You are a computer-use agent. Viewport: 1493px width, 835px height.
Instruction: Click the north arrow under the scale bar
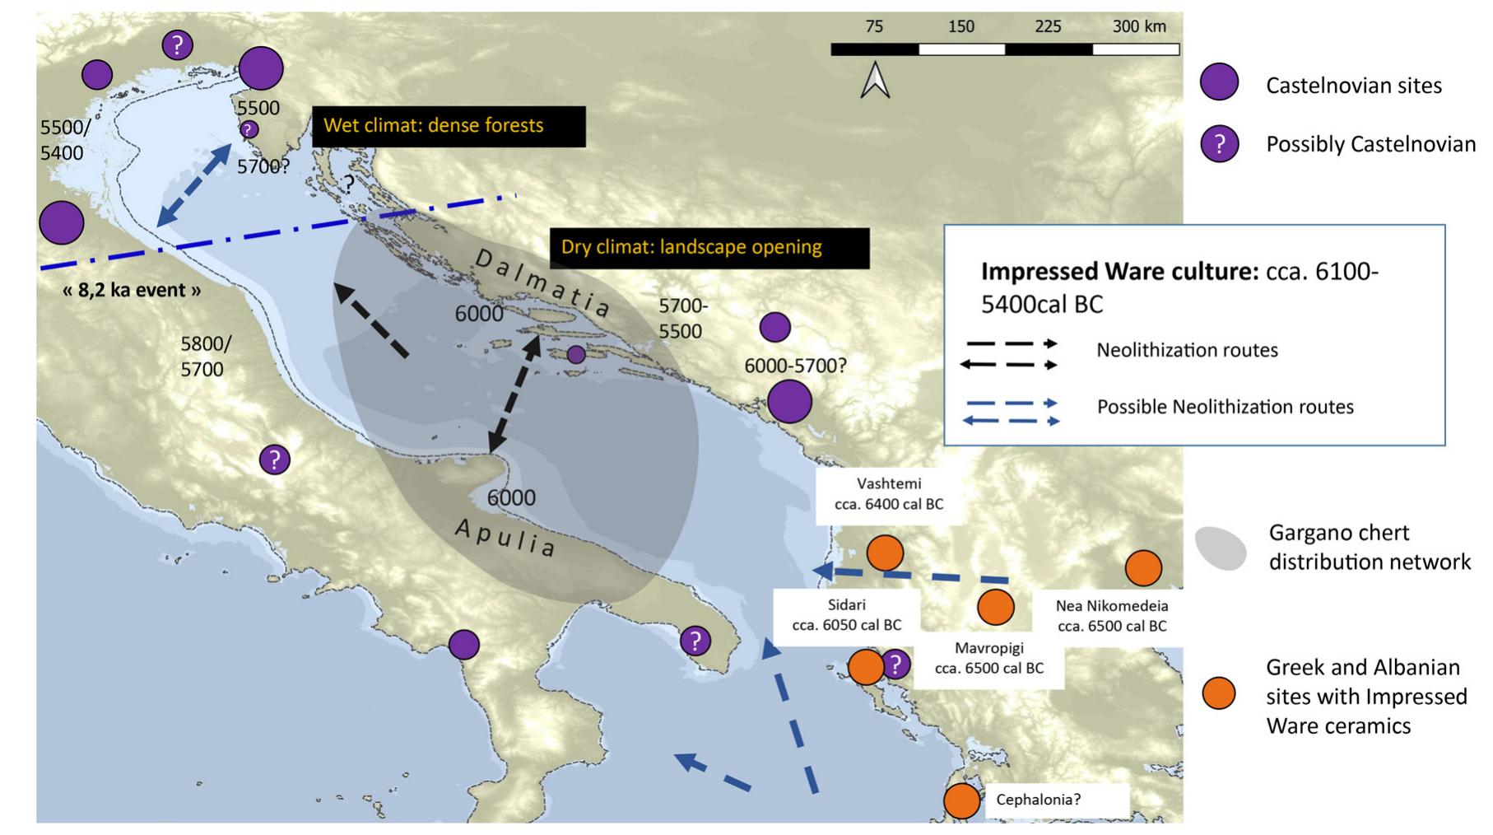[876, 81]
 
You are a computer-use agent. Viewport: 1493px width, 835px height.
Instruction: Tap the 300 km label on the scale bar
[1139, 26]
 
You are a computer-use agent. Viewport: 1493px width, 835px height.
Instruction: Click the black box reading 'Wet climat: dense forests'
[449, 126]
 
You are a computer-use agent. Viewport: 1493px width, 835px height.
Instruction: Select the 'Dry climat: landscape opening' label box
[709, 247]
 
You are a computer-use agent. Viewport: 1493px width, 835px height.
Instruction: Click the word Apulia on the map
[505, 537]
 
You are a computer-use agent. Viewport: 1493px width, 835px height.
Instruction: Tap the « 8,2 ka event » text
[132, 290]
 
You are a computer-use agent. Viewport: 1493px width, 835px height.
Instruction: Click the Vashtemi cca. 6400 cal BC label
[888, 494]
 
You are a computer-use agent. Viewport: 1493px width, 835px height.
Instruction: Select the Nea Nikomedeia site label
[1112, 616]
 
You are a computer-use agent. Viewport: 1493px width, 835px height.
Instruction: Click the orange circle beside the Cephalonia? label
[961, 800]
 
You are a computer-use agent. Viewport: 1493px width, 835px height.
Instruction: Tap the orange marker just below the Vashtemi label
[885, 553]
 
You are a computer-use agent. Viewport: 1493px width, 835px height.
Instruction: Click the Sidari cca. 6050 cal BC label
[846, 615]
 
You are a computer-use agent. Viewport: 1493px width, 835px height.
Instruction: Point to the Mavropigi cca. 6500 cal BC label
[988, 658]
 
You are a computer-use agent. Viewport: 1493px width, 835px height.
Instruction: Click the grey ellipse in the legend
[1220, 548]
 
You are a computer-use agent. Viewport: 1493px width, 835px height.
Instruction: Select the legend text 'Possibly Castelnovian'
[1370, 145]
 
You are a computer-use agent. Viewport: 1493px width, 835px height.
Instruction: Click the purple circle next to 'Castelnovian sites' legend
[1219, 82]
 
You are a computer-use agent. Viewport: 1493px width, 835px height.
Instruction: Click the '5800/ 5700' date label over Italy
[205, 357]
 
